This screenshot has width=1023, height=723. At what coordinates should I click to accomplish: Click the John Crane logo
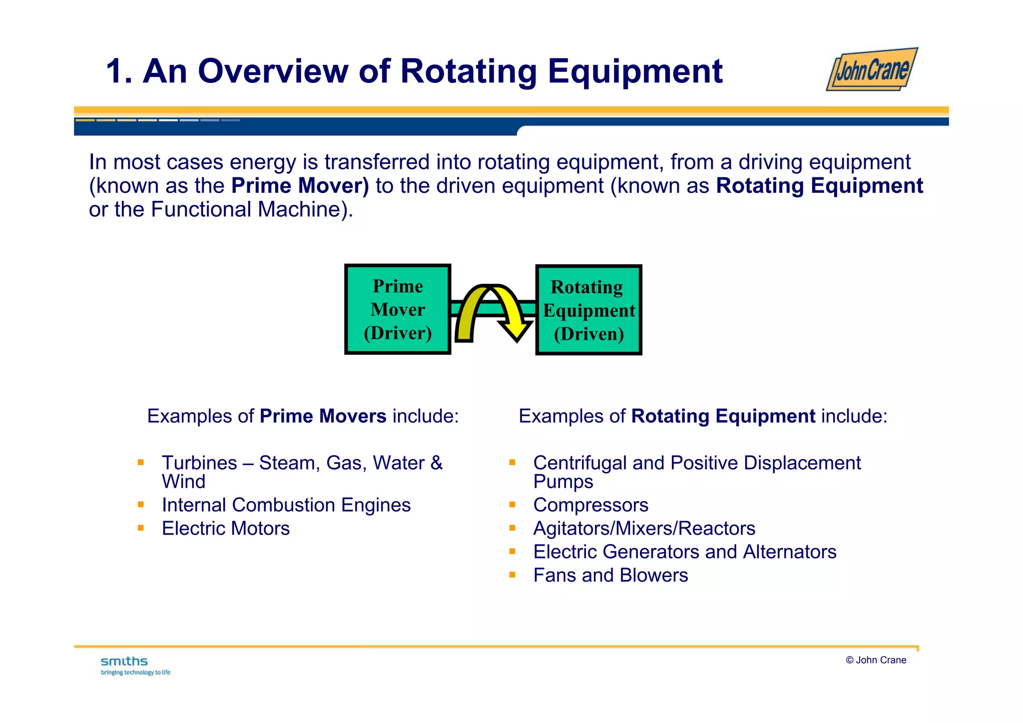pyautogui.click(x=872, y=70)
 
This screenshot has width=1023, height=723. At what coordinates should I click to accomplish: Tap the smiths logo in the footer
pyautogui.click(x=124, y=662)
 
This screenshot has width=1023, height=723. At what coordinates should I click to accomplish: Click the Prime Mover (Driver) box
pyautogui.click(x=398, y=309)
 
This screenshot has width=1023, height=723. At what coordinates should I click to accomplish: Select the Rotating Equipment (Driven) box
pyautogui.click(x=588, y=310)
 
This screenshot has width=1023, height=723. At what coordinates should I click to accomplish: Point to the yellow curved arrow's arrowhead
pyautogui.click(x=516, y=331)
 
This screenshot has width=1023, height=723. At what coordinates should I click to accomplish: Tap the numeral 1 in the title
pyautogui.click(x=115, y=71)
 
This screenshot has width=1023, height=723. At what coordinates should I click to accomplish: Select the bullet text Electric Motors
pyautogui.click(x=225, y=529)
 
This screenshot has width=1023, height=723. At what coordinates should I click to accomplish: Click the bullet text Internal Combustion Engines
pyautogui.click(x=286, y=505)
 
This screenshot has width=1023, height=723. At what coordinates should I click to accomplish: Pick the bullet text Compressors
pyautogui.click(x=590, y=505)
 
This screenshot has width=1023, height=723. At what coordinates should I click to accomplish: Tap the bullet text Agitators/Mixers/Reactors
pyautogui.click(x=644, y=529)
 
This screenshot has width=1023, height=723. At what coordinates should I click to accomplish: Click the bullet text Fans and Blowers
pyautogui.click(x=610, y=576)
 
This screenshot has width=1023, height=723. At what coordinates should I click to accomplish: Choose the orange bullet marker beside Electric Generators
pyautogui.click(x=512, y=552)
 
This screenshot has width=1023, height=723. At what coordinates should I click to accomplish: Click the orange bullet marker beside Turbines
pyautogui.click(x=141, y=463)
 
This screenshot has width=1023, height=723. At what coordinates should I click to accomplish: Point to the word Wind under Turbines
pyautogui.click(x=183, y=482)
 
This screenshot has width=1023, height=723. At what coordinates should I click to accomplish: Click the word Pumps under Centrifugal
pyautogui.click(x=563, y=482)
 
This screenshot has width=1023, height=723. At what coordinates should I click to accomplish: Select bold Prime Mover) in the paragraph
pyautogui.click(x=300, y=186)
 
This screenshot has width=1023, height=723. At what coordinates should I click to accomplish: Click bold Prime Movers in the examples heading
pyautogui.click(x=323, y=416)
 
